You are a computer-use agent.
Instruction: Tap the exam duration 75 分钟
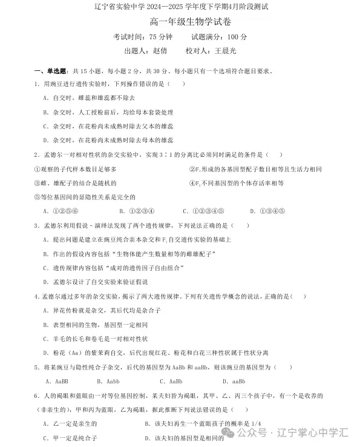click(149, 37)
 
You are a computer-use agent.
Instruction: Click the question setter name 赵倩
click(160, 51)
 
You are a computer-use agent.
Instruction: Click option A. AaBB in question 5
click(57, 382)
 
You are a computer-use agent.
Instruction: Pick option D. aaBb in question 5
click(233, 382)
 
